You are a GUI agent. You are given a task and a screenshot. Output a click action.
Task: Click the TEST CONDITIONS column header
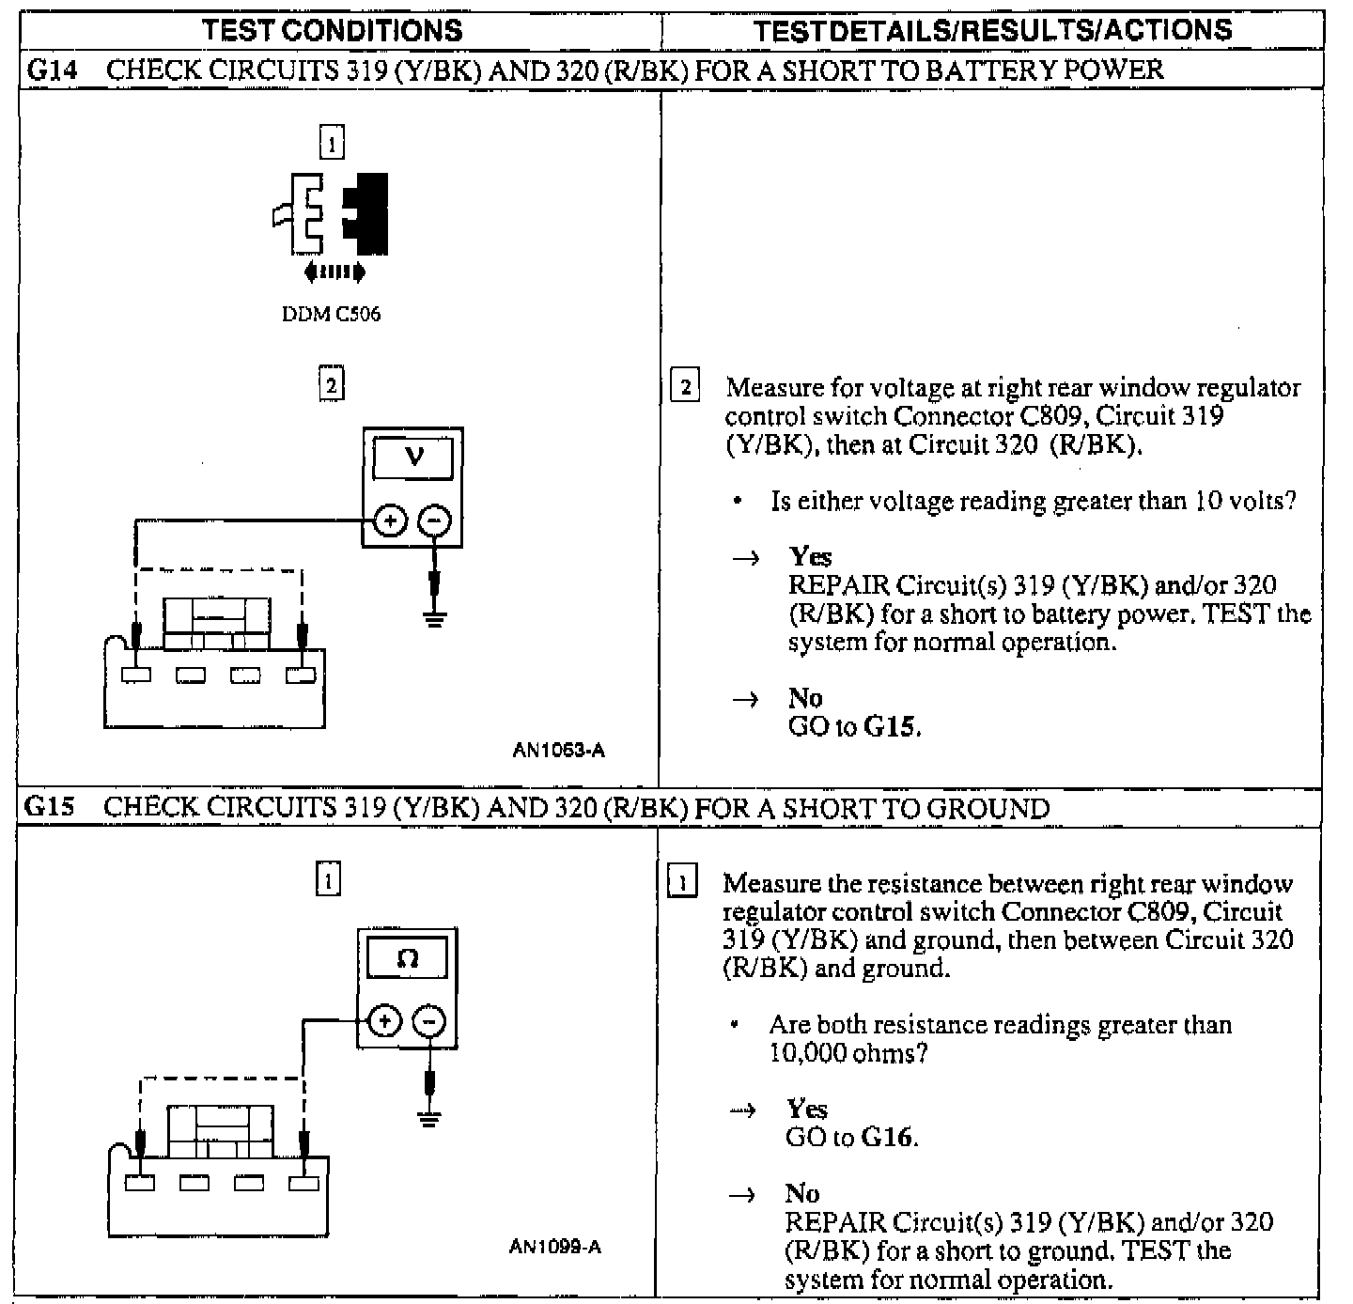[333, 30]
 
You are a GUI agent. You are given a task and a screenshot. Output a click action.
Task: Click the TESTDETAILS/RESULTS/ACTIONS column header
[992, 30]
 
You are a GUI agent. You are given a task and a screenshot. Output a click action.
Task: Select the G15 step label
[49, 807]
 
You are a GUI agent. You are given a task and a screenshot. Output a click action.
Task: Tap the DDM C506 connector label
[332, 315]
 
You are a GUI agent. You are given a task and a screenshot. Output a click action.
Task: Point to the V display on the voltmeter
[412, 458]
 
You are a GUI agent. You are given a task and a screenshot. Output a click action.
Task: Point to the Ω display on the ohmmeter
[407, 959]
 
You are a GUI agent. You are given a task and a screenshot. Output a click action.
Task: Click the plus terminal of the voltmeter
[390, 520]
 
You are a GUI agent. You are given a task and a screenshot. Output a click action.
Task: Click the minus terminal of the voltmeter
[434, 520]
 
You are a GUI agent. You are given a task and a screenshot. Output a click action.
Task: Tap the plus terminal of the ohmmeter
[384, 1021]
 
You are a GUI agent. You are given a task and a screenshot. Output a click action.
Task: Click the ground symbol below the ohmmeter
[428, 1118]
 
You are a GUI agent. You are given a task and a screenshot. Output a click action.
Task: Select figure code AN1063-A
[559, 750]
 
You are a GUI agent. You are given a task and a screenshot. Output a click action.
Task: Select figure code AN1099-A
[555, 1247]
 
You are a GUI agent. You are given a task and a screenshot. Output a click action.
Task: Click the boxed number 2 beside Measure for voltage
[685, 387]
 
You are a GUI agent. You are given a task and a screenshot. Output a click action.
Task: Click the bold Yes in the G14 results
[810, 556]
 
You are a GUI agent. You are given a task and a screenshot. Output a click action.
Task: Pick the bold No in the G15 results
[802, 1193]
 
